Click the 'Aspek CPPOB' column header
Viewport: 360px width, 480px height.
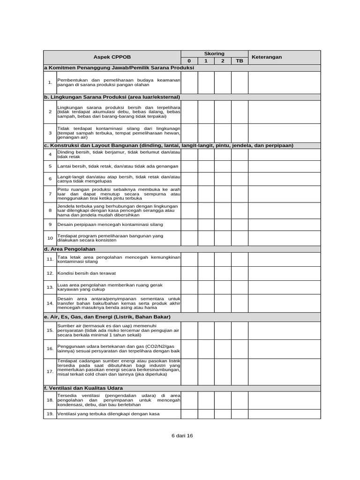[x=112, y=57]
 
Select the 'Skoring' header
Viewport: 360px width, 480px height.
[x=214, y=54]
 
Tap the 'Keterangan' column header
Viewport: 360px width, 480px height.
[x=267, y=57]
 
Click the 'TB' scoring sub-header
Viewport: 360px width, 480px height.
[x=240, y=61]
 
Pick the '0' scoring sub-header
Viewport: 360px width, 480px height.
[x=189, y=61]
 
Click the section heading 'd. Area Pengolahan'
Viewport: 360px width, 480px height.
[x=69, y=249]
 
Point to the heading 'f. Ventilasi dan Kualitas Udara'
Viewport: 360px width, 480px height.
[x=83, y=388]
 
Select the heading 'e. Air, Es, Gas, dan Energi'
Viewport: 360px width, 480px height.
[x=107, y=317]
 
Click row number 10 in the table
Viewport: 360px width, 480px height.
[x=50, y=238]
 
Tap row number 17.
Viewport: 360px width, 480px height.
[x=50, y=371]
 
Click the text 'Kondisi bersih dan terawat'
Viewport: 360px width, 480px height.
[x=86, y=273]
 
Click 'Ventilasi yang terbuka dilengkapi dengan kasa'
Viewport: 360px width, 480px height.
[x=108, y=414]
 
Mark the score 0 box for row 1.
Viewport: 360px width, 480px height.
[x=189, y=82]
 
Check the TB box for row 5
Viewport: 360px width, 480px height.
[x=240, y=166]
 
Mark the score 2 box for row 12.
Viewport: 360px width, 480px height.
[x=223, y=273]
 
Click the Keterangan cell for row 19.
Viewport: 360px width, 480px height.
[x=284, y=414]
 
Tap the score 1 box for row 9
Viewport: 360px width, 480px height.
[x=206, y=225]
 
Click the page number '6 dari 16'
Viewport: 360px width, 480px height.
[x=182, y=435]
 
